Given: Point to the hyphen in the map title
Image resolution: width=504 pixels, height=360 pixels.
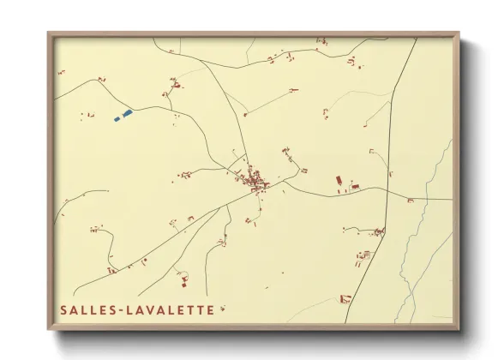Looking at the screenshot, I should pyautogui.click(x=116, y=310).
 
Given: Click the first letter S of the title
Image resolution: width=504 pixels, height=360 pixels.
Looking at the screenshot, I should pyautogui.click(x=63, y=310).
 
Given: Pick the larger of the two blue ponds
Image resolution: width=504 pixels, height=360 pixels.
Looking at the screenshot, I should pyautogui.click(x=128, y=112).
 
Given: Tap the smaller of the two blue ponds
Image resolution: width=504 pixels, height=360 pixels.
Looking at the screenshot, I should pyautogui.click(x=117, y=117).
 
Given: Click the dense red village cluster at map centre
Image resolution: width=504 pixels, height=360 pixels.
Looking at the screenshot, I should pyautogui.click(x=255, y=181).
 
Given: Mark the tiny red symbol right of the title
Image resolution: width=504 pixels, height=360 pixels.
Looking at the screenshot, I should pyautogui.click(x=221, y=309).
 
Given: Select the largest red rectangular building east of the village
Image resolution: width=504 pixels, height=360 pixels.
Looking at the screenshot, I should pyautogui.click(x=338, y=181).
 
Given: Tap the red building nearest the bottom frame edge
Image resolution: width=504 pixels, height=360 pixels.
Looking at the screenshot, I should pyautogui.click(x=345, y=298).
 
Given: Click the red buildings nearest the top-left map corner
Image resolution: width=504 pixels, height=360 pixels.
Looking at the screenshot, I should pyautogui.click(x=61, y=72).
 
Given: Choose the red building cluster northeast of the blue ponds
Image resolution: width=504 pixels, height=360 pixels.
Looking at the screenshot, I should pyautogui.click(x=176, y=86).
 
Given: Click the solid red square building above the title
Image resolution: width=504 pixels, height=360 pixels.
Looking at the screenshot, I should pyautogui.click(x=183, y=283).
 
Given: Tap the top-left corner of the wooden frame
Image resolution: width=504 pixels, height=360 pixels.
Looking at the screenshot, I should pyautogui.click(x=50, y=34).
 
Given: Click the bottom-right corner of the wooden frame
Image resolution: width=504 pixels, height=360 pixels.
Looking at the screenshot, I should pyautogui.click(x=459, y=329).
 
